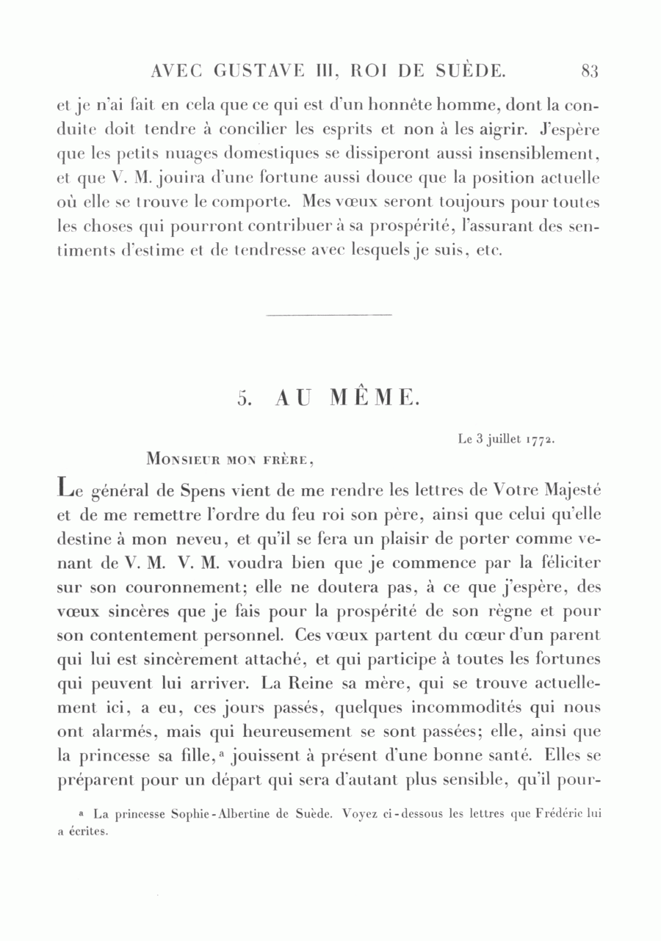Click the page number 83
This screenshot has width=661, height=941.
[x=590, y=71]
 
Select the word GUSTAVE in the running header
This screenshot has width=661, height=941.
[x=248, y=71]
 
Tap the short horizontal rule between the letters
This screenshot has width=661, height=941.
[x=329, y=316]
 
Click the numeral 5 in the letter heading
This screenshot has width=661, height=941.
[x=245, y=399]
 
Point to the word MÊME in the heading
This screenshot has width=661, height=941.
[x=375, y=398]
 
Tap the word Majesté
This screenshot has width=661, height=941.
[x=566, y=489]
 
